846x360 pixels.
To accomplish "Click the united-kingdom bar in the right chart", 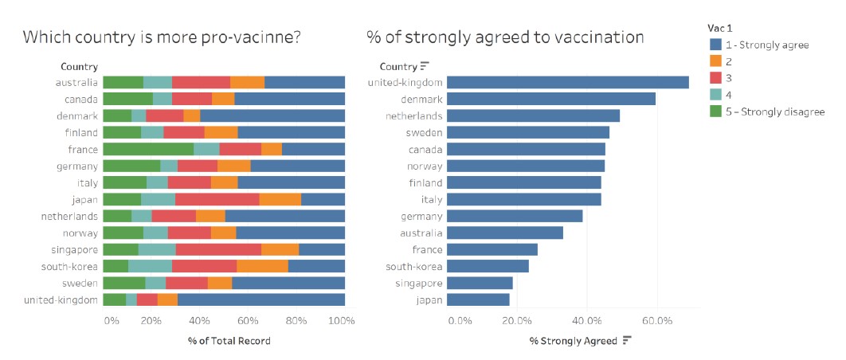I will (x=567, y=82).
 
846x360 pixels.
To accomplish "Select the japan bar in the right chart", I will (x=478, y=299).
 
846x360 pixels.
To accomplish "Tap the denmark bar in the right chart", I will (x=550, y=99).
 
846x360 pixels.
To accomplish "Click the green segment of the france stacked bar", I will (x=148, y=149).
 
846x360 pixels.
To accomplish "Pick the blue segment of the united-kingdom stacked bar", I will (x=260, y=299).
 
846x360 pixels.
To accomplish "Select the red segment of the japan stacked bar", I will (x=217, y=199).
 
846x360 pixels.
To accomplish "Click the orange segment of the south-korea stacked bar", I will (x=262, y=266).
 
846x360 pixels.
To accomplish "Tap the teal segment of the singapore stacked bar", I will (x=157, y=249).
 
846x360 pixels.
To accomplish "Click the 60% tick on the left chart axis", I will (x=248, y=320).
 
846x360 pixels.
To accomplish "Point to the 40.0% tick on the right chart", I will (x=586, y=320).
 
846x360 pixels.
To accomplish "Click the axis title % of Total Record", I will (x=229, y=341).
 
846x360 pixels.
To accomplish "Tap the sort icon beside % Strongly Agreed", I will (x=627, y=341).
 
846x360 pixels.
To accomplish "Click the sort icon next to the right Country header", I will (x=425, y=66).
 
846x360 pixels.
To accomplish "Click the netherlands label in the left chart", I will (x=70, y=216).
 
